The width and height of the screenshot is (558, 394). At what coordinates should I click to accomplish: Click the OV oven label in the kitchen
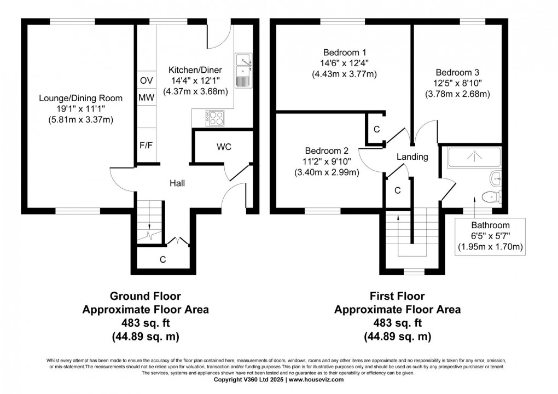pos(146,80)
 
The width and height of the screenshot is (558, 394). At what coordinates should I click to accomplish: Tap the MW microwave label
pos(146,98)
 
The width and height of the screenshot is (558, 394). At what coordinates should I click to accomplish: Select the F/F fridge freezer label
pos(146,146)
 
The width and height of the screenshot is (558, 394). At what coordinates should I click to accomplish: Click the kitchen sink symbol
pos(242,70)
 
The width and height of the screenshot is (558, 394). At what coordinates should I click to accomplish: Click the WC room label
pos(224,147)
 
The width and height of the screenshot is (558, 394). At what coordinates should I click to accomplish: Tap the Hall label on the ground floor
pos(176,183)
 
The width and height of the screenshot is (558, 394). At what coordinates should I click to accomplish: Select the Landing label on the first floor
pos(412,157)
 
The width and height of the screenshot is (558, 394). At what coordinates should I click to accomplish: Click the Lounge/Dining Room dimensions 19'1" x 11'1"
pos(80,109)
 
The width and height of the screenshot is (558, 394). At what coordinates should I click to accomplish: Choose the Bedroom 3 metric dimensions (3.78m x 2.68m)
pos(457,94)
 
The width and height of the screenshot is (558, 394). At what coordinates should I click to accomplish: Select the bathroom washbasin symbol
pos(496,177)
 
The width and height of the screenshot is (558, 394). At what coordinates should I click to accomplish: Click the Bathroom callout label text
pos(491,225)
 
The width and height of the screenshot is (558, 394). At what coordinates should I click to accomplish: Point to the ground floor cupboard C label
pos(162,260)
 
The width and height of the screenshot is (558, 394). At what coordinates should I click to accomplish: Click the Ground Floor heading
pos(146,296)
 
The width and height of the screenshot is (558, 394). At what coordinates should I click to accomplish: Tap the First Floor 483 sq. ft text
pos(397,322)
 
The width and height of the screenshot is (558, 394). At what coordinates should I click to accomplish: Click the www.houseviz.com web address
pos(316,379)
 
